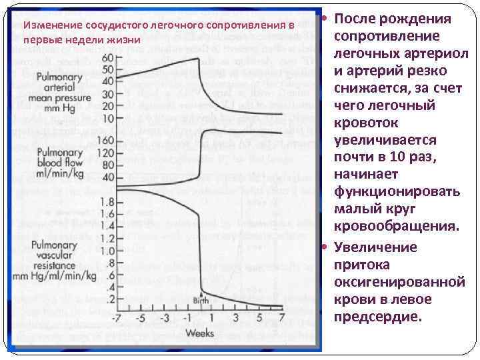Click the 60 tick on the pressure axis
tap(107, 58)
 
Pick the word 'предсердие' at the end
tap(378, 317)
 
